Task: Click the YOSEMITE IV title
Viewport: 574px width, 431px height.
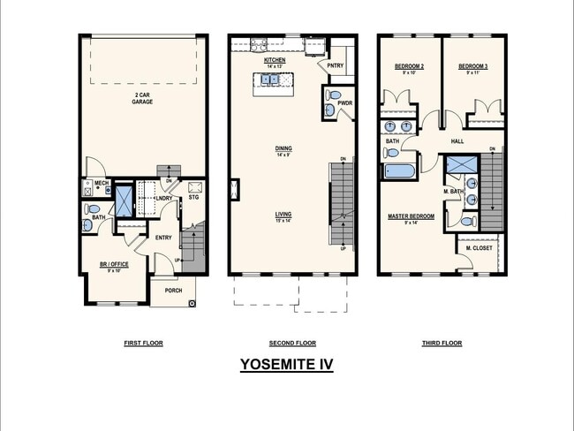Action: pyautogui.click(x=286, y=364)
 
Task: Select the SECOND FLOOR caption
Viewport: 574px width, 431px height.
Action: pyautogui.click(x=291, y=343)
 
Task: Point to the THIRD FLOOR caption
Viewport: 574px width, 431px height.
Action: pyautogui.click(x=442, y=343)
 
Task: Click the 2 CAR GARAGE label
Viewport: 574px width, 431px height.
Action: pyautogui.click(x=143, y=99)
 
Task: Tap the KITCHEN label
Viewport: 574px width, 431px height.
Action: pyautogui.click(x=275, y=60)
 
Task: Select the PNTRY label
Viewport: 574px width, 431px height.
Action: pyautogui.click(x=335, y=64)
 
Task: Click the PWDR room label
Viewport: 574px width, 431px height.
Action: pyautogui.click(x=344, y=103)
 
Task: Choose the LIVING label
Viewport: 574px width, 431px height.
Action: pyautogui.click(x=283, y=214)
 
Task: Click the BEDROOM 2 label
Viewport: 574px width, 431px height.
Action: pyautogui.click(x=409, y=67)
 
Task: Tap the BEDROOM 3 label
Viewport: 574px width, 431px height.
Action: pyautogui.click(x=472, y=67)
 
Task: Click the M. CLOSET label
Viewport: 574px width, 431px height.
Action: pyautogui.click(x=479, y=248)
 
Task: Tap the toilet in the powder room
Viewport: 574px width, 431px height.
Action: pyautogui.click(x=334, y=95)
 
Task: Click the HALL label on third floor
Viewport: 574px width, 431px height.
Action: pyautogui.click(x=457, y=140)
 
